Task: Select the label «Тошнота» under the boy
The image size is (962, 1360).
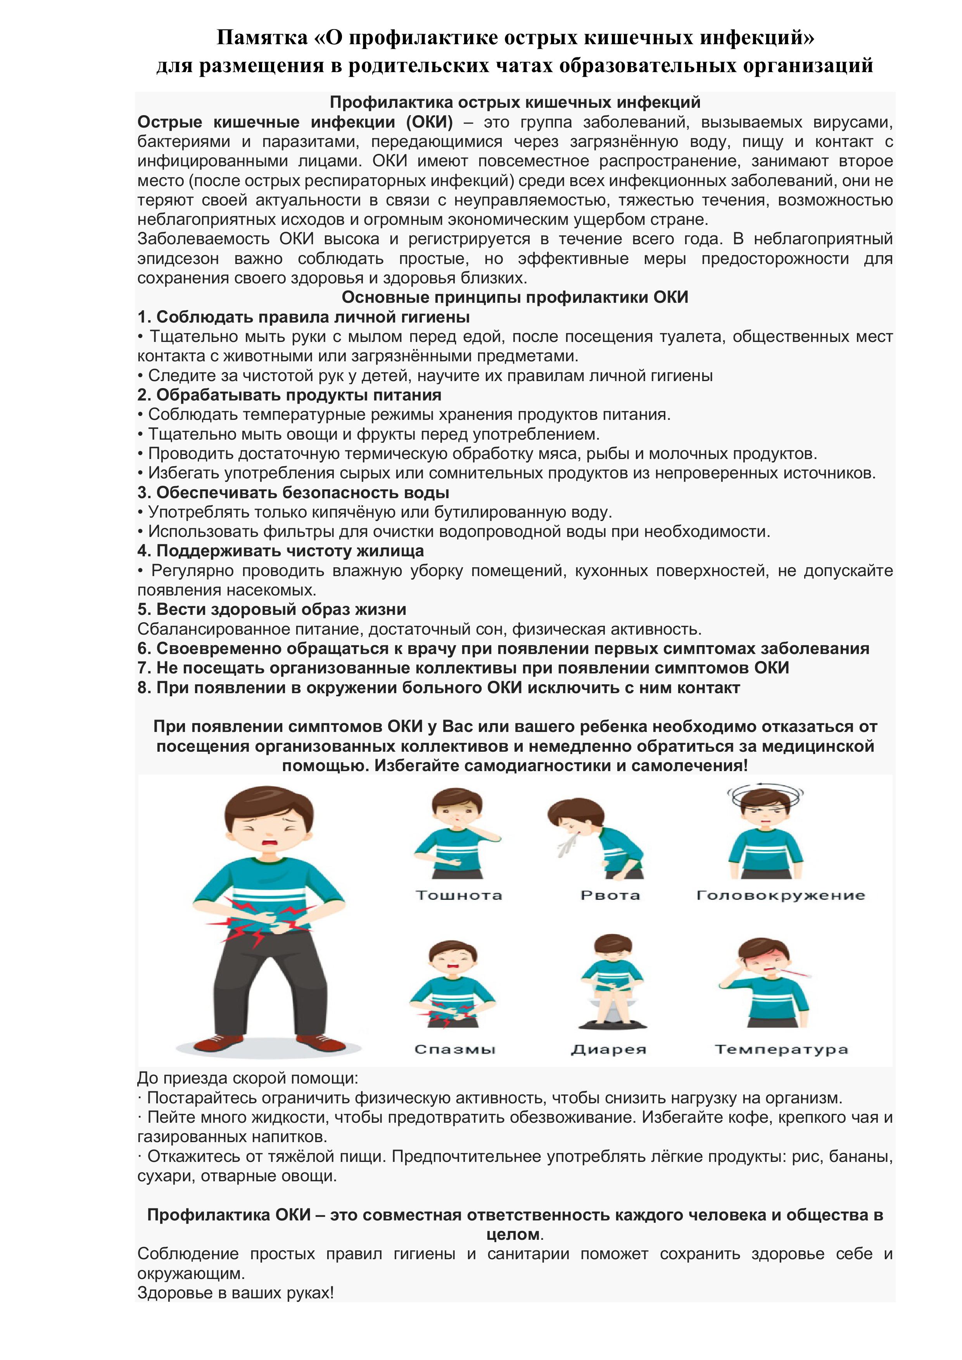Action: tap(458, 895)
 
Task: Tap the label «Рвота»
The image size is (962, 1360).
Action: tap(610, 895)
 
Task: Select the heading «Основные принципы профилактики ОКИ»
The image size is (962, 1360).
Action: tap(515, 297)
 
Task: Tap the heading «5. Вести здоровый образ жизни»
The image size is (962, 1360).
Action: tap(272, 609)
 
